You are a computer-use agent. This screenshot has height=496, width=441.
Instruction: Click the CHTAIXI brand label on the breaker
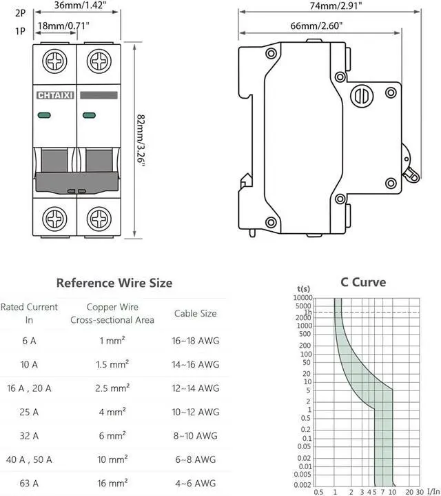(55, 95)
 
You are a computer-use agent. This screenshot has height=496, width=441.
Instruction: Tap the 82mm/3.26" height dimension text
(141, 139)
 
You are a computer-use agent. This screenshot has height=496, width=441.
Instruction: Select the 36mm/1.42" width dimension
(80, 5)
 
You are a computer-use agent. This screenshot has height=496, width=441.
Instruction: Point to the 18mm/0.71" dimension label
(63, 26)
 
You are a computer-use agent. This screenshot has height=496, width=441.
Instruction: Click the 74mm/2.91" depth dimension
(336, 6)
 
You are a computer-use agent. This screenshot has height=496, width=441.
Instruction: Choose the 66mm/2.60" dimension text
(316, 26)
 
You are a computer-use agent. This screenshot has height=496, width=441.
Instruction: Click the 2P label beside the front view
(20, 13)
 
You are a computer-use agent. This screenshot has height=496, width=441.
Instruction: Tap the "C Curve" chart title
(363, 282)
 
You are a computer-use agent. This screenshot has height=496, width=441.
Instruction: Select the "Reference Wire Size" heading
(114, 283)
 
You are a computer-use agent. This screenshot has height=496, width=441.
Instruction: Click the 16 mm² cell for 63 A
(112, 483)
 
